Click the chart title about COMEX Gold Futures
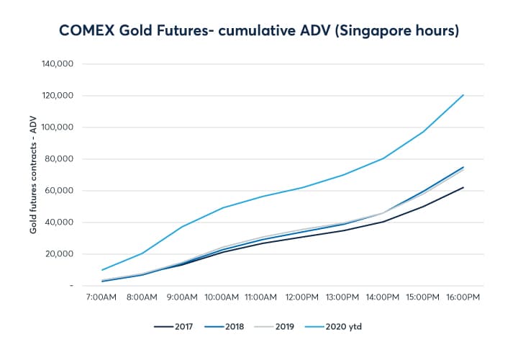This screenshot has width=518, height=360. pyautogui.click(x=259, y=30)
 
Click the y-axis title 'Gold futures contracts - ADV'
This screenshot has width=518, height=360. pyautogui.click(x=34, y=175)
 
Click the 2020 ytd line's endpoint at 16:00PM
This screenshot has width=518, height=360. pyautogui.click(x=463, y=95)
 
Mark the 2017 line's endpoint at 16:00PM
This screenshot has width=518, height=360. pyautogui.click(x=463, y=187)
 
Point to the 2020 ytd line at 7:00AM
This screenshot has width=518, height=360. pyautogui.click(x=103, y=270)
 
